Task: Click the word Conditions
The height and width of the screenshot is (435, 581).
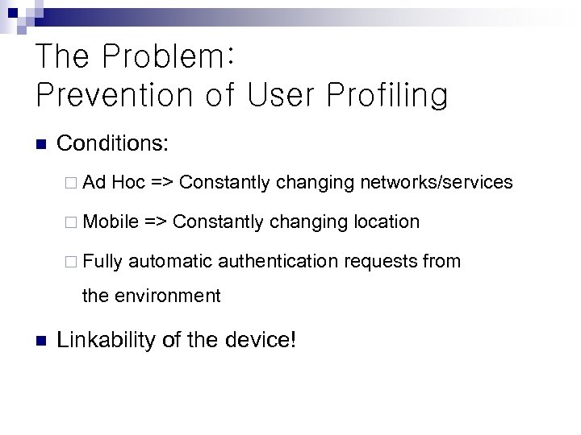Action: point(112,144)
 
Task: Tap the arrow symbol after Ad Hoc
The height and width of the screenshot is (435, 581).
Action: point(161,183)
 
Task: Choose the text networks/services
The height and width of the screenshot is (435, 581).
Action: point(436,183)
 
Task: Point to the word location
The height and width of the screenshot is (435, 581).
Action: point(387,222)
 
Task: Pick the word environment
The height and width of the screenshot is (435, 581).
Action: point(166,296)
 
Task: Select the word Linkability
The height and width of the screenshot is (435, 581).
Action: point(107,340)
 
